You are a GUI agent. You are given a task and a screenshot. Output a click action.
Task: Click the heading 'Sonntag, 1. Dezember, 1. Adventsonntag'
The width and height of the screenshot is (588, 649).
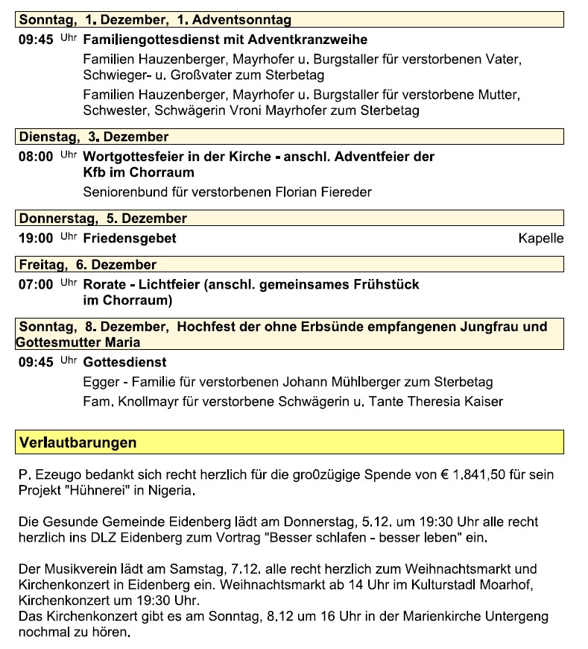click(x=155, y=20)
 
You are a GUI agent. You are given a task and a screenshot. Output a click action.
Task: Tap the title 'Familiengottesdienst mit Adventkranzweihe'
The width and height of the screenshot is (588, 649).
click(x=225, y=40)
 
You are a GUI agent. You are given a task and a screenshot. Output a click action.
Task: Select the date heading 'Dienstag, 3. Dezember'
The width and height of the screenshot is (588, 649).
click(x=94, y=137)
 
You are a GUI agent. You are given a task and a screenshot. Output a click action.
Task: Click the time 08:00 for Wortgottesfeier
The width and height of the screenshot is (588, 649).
click(x=35, y=157)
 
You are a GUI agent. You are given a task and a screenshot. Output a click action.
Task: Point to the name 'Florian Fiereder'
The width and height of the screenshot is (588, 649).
click(x=325, y=192)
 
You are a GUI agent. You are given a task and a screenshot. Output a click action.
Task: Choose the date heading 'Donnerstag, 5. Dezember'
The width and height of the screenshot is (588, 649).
click(x=103, y=219)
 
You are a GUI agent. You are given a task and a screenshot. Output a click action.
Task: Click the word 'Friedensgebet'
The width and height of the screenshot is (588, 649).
click(x=130, y=239)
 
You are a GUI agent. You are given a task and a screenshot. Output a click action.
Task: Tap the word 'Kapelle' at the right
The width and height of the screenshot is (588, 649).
click(x=540, y=239)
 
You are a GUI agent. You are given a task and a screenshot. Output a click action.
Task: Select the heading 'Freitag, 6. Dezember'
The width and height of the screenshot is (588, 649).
click(x=88, y=265)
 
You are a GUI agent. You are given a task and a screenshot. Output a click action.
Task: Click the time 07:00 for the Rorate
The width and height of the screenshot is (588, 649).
click(x=35, y=285)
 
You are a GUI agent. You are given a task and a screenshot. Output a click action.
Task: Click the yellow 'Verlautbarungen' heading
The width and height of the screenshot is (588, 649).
click(x=78, y=442)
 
